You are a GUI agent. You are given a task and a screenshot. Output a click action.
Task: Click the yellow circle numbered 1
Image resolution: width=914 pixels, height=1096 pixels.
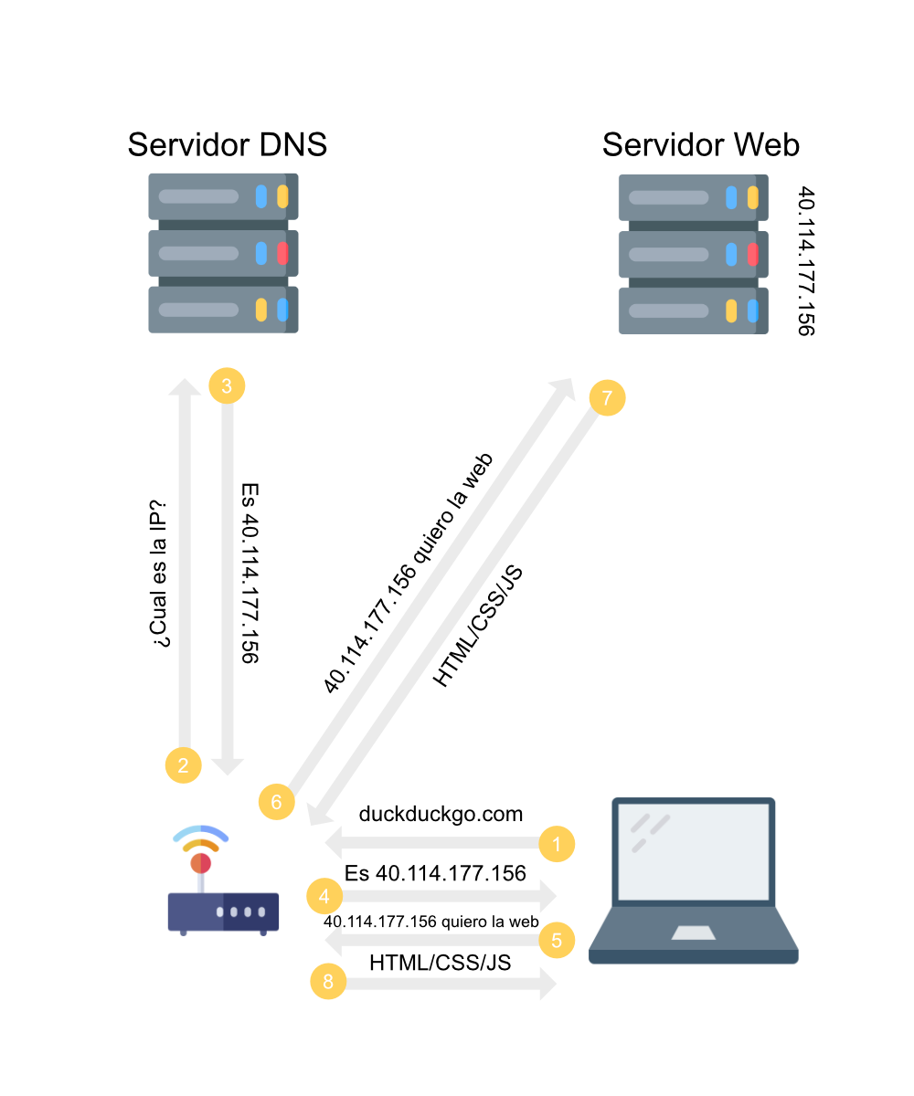(557, 843)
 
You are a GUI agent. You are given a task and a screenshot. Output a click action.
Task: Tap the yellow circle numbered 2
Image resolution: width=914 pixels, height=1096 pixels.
(184, 764)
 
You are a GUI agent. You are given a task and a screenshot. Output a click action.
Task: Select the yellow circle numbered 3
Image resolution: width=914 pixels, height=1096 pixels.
(227, 385)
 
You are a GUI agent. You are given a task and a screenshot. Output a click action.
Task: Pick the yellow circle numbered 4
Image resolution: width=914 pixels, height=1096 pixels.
(324, 897)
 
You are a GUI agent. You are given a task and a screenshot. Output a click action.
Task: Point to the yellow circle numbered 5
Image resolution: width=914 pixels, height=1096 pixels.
(557, 939)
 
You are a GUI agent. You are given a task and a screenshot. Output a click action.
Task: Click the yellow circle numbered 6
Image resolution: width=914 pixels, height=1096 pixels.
(277, 801)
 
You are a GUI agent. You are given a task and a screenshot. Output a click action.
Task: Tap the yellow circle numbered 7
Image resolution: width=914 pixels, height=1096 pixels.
(607, 397)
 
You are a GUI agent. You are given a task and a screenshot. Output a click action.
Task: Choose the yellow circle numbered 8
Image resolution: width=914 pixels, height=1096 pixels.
(329, 981)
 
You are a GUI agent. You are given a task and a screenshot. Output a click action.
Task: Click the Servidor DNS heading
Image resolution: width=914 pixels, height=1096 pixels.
(227, 144)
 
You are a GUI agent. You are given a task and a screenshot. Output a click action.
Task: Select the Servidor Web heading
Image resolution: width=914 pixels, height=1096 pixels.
(700, 144)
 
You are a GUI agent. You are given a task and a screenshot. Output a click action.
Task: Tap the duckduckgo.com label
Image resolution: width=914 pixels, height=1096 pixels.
(441, 814)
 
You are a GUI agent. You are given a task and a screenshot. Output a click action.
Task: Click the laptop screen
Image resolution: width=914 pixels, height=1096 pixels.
(694, 850)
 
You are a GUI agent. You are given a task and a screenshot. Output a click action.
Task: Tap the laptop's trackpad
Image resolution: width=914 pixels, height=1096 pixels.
(695, 933)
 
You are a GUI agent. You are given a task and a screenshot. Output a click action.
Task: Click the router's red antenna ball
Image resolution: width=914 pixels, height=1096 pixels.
(201, 863)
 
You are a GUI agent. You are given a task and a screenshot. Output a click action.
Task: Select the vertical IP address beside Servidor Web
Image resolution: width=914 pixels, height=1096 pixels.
(805, 261)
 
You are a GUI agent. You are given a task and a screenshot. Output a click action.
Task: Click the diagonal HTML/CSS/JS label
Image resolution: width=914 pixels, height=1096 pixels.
(477, 626)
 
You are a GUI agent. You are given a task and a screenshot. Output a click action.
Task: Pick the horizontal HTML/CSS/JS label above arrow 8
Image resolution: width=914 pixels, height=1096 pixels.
(440, 962)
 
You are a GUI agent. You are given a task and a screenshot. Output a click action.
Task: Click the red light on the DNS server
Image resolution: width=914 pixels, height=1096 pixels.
(282, 253)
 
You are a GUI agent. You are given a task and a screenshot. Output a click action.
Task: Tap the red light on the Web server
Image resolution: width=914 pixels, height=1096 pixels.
(752, 254)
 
